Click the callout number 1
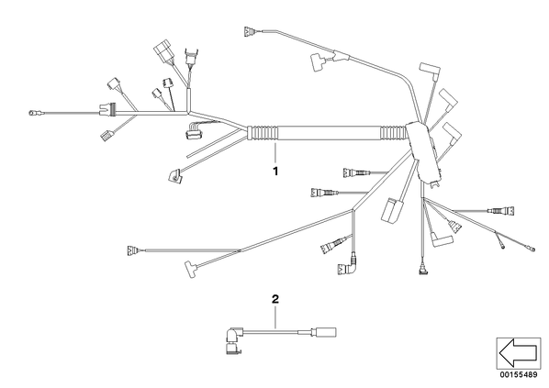(275, 172)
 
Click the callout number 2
(275, 299)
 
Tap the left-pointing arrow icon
(519, 352)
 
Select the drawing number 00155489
(519, 375)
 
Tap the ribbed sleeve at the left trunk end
(263, 133)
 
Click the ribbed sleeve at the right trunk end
(393, 134)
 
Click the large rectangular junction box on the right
(422, 151)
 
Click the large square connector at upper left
(162, 51)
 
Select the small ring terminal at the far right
(532, 249)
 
